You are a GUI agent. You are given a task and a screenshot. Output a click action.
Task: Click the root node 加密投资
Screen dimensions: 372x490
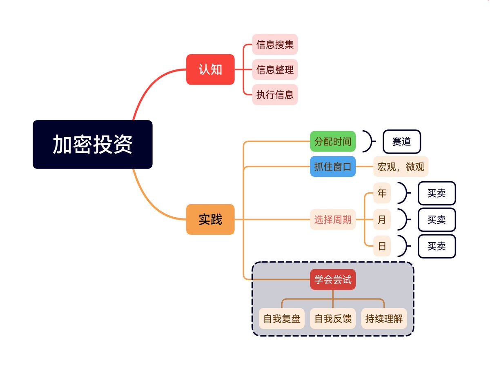[x=92, y=144]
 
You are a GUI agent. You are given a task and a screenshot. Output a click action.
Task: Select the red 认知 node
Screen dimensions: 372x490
[x=210, y=69]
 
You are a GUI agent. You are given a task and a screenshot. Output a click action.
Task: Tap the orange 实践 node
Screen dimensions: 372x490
[x=210, y=219]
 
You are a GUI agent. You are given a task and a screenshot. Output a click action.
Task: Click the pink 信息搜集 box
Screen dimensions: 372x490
[x=275, y=44]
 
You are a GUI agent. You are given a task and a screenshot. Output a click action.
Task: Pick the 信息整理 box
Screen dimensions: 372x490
[x=275, y=69]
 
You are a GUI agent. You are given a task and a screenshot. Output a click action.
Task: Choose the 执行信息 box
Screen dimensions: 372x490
[x=275, y=95]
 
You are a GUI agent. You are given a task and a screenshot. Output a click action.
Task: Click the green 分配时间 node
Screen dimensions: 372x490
[x=333, y=141]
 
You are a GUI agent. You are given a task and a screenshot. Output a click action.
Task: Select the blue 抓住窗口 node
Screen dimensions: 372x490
[x=333, y=166]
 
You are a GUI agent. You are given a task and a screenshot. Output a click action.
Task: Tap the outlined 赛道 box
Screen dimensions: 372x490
[x=401, y=141]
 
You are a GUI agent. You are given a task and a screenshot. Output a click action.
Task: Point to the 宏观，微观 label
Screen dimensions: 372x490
[x=401, y=166]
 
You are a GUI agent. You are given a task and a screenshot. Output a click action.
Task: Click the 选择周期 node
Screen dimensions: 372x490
[x=333, y=219]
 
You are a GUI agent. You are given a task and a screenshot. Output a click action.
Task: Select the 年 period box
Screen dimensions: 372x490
[x=382, y=193]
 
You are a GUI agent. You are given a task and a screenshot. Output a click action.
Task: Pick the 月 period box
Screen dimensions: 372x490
[x=382, y=219]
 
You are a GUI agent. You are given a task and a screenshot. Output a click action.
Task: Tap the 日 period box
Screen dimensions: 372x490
[x=382, y=246]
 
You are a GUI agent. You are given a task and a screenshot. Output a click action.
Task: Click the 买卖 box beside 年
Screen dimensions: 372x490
[x=437, y=193]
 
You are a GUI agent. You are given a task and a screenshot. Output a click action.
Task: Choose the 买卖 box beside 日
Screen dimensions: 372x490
[x=437, y=246]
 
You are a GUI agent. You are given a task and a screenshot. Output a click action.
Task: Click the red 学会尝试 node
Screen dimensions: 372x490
[x=333, y=279]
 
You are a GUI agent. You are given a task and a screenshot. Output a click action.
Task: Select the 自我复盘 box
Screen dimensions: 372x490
[x=282, y=319]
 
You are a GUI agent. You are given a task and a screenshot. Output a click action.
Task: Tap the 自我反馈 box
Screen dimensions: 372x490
[x=333, y=319]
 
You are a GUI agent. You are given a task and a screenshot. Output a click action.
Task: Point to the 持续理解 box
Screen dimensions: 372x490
[x=384, y=319]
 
